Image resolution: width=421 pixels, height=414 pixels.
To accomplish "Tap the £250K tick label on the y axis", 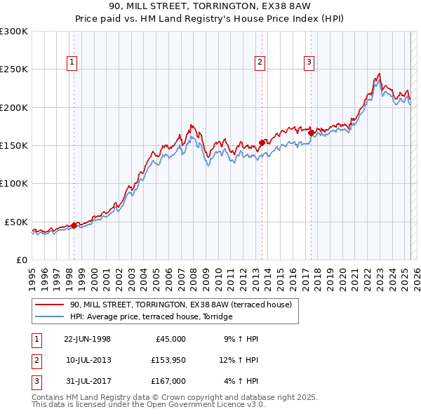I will [14, 69].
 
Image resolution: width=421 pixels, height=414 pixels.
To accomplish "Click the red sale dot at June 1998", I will [74, 225].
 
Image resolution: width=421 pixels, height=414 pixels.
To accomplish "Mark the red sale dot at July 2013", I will [261, 142].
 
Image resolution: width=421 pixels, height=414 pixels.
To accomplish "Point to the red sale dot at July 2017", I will [310, 132].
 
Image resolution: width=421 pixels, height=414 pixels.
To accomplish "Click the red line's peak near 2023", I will [379, 74].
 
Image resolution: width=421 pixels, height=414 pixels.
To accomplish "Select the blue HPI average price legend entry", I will [151, 317].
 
